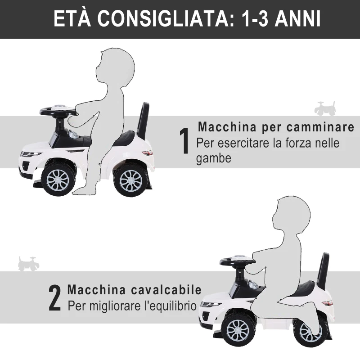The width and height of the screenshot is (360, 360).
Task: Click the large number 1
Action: coord(184,141)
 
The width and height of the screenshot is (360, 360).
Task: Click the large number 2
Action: coord(54,298)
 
